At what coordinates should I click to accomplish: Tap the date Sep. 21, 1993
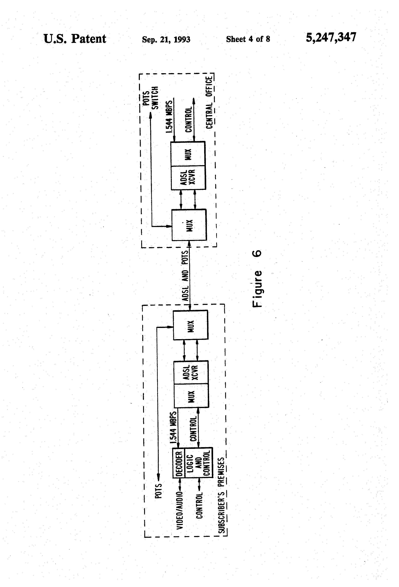166,39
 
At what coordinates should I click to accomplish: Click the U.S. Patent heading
75,39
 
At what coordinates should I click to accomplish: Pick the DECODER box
179,464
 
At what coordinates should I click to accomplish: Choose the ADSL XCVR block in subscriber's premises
191,372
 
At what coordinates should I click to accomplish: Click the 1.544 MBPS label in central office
169,117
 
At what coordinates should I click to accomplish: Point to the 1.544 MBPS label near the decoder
173,428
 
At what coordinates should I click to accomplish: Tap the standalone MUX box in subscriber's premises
190,325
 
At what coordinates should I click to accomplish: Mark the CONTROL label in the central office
189,120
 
